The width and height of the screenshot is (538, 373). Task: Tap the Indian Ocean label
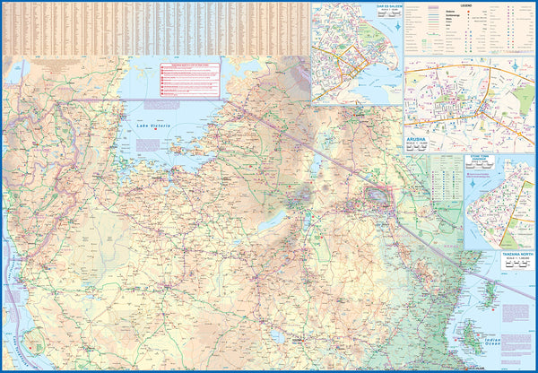click(x=518, y=339)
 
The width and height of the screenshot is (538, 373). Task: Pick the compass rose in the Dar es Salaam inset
click(x=394, y=24)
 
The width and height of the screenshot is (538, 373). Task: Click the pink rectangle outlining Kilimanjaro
click(x=382, y=195)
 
